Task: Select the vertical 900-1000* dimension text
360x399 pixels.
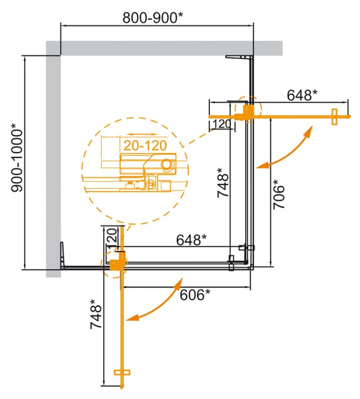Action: tap(16, 159)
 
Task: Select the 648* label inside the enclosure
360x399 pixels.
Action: tap(191, 240)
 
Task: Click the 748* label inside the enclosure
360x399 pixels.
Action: tap(223, 185)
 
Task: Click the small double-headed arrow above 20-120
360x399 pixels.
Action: tap(139, 135)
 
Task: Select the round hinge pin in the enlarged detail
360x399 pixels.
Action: tap(167, 163)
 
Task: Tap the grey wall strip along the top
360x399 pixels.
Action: tap(165, 48)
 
